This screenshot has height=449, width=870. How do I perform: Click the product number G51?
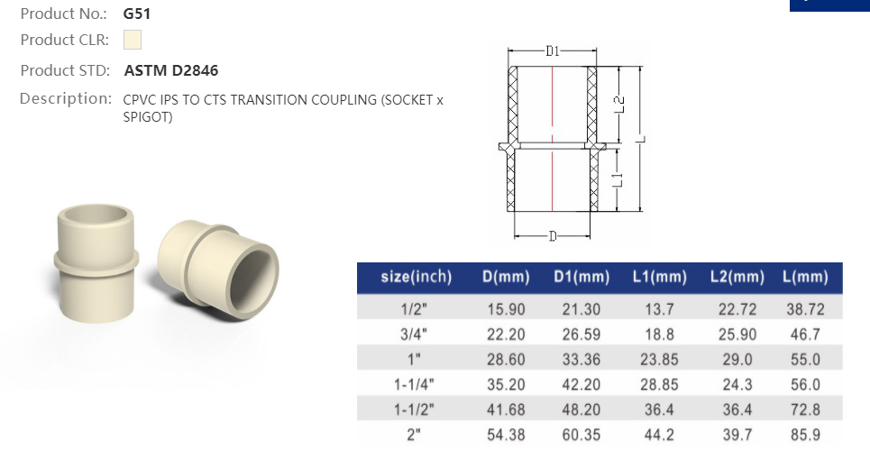point(136,14)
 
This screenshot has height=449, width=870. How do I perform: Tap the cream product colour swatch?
point(133,40)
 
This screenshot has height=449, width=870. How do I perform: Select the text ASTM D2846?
point(171,70)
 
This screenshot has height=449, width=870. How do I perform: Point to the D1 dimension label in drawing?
point(554,51)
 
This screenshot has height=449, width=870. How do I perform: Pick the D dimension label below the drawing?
point(553,236)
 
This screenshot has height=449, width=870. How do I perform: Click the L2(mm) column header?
point(734,277)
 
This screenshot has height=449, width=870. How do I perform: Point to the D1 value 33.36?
point(577,358)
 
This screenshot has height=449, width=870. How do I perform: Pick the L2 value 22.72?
point(733,308)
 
